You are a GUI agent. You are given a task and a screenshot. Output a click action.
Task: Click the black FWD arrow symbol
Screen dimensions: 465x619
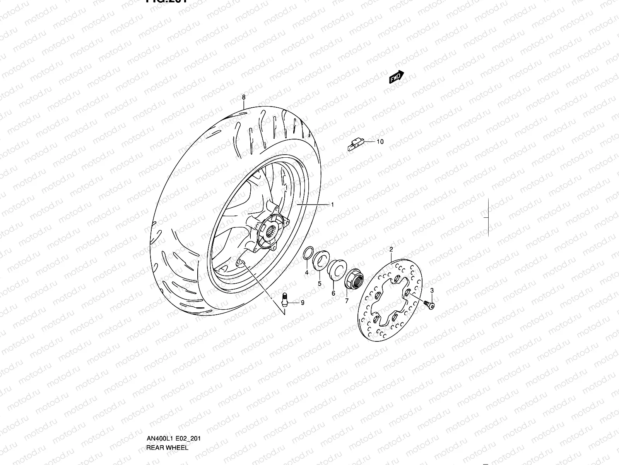click(x=397, y=77)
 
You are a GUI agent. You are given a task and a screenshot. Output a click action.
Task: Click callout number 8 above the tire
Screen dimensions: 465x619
click(x=243, y=97)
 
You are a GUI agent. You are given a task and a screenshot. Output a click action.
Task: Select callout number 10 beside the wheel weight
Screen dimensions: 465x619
click(x=380, y=142)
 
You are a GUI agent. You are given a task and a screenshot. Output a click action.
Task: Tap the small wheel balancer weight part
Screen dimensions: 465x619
click(x=354, y=145)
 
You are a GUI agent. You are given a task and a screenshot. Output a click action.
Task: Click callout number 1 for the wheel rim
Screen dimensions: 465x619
click(x=332, y=205)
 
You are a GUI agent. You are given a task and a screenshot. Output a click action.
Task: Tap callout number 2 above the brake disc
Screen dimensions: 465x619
click(x=391, y=249)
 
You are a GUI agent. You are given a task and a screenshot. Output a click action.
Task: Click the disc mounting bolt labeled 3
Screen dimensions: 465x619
click(x=428, y=305)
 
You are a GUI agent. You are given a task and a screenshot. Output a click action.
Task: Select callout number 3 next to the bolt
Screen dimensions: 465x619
click(x=432, y=291)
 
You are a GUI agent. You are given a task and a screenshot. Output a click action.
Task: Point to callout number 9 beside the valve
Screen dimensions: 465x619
click(x=303, y=303)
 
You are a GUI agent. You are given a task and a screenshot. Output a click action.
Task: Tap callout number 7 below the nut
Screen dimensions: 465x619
click(x=347, y=300)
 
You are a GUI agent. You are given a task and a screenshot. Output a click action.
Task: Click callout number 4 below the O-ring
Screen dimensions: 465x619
click(x=306, y=273)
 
